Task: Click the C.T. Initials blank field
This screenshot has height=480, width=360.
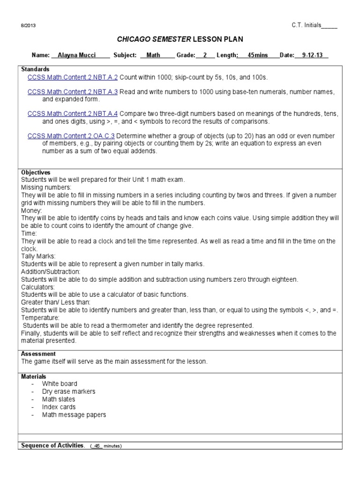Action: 329,25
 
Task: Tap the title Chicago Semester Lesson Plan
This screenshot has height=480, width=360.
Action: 180,39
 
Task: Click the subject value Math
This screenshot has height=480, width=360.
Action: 153,55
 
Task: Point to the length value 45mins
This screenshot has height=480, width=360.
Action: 257,55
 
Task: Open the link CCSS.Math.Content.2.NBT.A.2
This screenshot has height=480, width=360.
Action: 73,77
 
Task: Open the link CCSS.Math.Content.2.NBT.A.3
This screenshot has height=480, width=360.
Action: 73,92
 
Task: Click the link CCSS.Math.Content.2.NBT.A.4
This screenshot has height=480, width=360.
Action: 73,114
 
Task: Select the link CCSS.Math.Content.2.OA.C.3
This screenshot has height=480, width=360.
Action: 72,136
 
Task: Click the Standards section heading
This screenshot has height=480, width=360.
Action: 35,69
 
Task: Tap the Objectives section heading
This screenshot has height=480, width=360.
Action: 36,172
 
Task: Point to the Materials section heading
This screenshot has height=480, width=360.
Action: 34,376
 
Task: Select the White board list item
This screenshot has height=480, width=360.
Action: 60,384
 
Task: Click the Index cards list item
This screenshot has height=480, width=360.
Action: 59,407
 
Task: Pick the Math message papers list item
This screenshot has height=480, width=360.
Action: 74,415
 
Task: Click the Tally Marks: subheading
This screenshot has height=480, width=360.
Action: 38,256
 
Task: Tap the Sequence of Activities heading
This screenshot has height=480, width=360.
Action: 52,445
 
